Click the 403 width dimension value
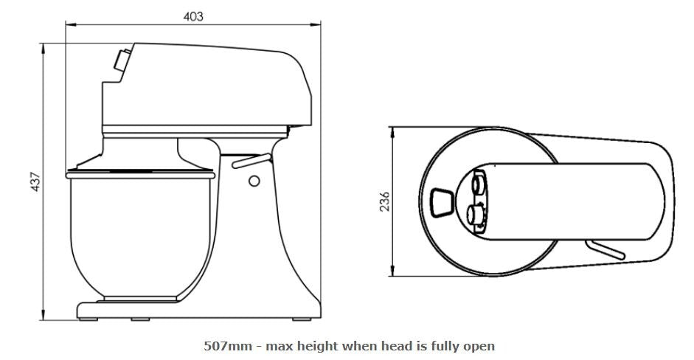coord(193,16)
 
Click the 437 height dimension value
coord(35,181)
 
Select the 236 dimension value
coord(385,201)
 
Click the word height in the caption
coord(318,346)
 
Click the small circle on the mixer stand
coord(254,181)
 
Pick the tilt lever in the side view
coord(251,161)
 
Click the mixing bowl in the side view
coord(141,235)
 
